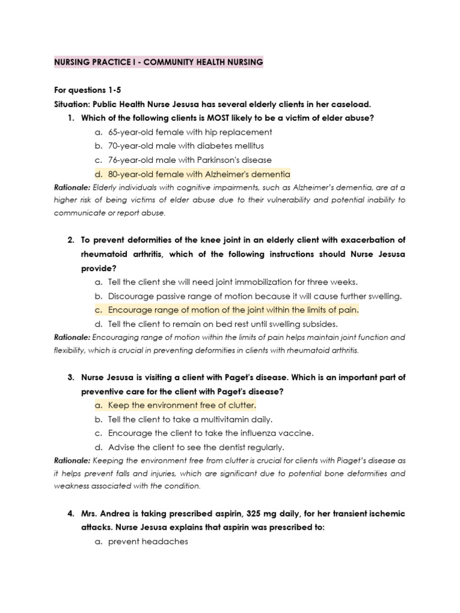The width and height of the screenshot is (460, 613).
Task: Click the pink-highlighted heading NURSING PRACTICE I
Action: (x=159, y=62)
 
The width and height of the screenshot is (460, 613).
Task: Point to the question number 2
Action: (x=70, y=240)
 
